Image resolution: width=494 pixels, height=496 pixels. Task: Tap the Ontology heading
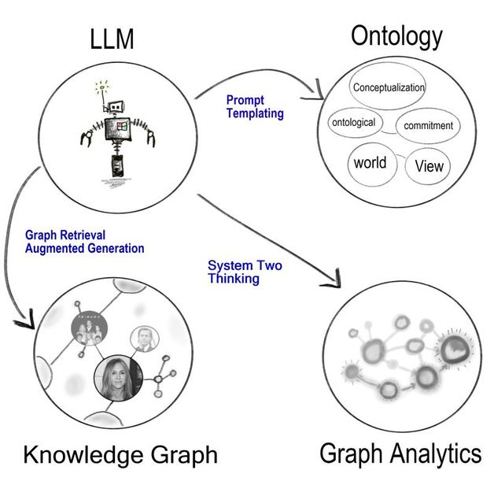[x=396, y=36]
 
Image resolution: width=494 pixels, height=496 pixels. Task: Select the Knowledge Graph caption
[x=120, y=455]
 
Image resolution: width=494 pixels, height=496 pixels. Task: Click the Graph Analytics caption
[x=400, y=453]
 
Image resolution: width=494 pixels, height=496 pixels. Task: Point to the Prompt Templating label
[x=254, y=106]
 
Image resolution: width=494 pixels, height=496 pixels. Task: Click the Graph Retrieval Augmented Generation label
[x=84, y=242]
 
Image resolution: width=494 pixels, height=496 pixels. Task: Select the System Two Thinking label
[x=244, y=272]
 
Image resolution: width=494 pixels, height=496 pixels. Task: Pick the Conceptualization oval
[x=388, y=88]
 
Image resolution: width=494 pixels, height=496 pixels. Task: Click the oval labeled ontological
[x=354, y=123]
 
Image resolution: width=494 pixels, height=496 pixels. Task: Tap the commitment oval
[x=428, y=125]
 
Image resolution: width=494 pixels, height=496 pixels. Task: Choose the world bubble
[x=370, y=163]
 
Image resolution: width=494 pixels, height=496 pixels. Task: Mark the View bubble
[x=429, y=166]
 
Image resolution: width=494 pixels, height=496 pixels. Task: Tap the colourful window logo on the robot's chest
[x=121, y=128]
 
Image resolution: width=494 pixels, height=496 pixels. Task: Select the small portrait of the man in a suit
[x=144, y=338]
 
